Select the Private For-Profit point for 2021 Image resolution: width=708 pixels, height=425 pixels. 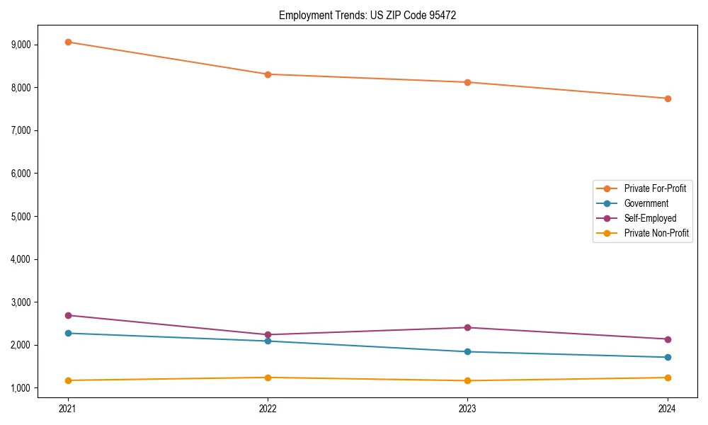[68, 42]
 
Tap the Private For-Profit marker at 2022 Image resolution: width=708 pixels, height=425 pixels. [268, 74]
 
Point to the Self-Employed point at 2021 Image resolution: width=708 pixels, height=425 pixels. [68, 315]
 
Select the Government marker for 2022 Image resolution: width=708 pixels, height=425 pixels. [268, 341]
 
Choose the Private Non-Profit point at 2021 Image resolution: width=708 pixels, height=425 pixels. [68, 380]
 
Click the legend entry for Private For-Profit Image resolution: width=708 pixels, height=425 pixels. [654, 188]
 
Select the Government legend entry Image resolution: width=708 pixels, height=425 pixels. [646, 203]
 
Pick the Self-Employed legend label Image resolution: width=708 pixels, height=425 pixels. [650, 218]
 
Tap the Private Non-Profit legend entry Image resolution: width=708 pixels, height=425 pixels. [656, 233]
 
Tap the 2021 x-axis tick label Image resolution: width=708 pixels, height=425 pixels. [68, 408]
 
